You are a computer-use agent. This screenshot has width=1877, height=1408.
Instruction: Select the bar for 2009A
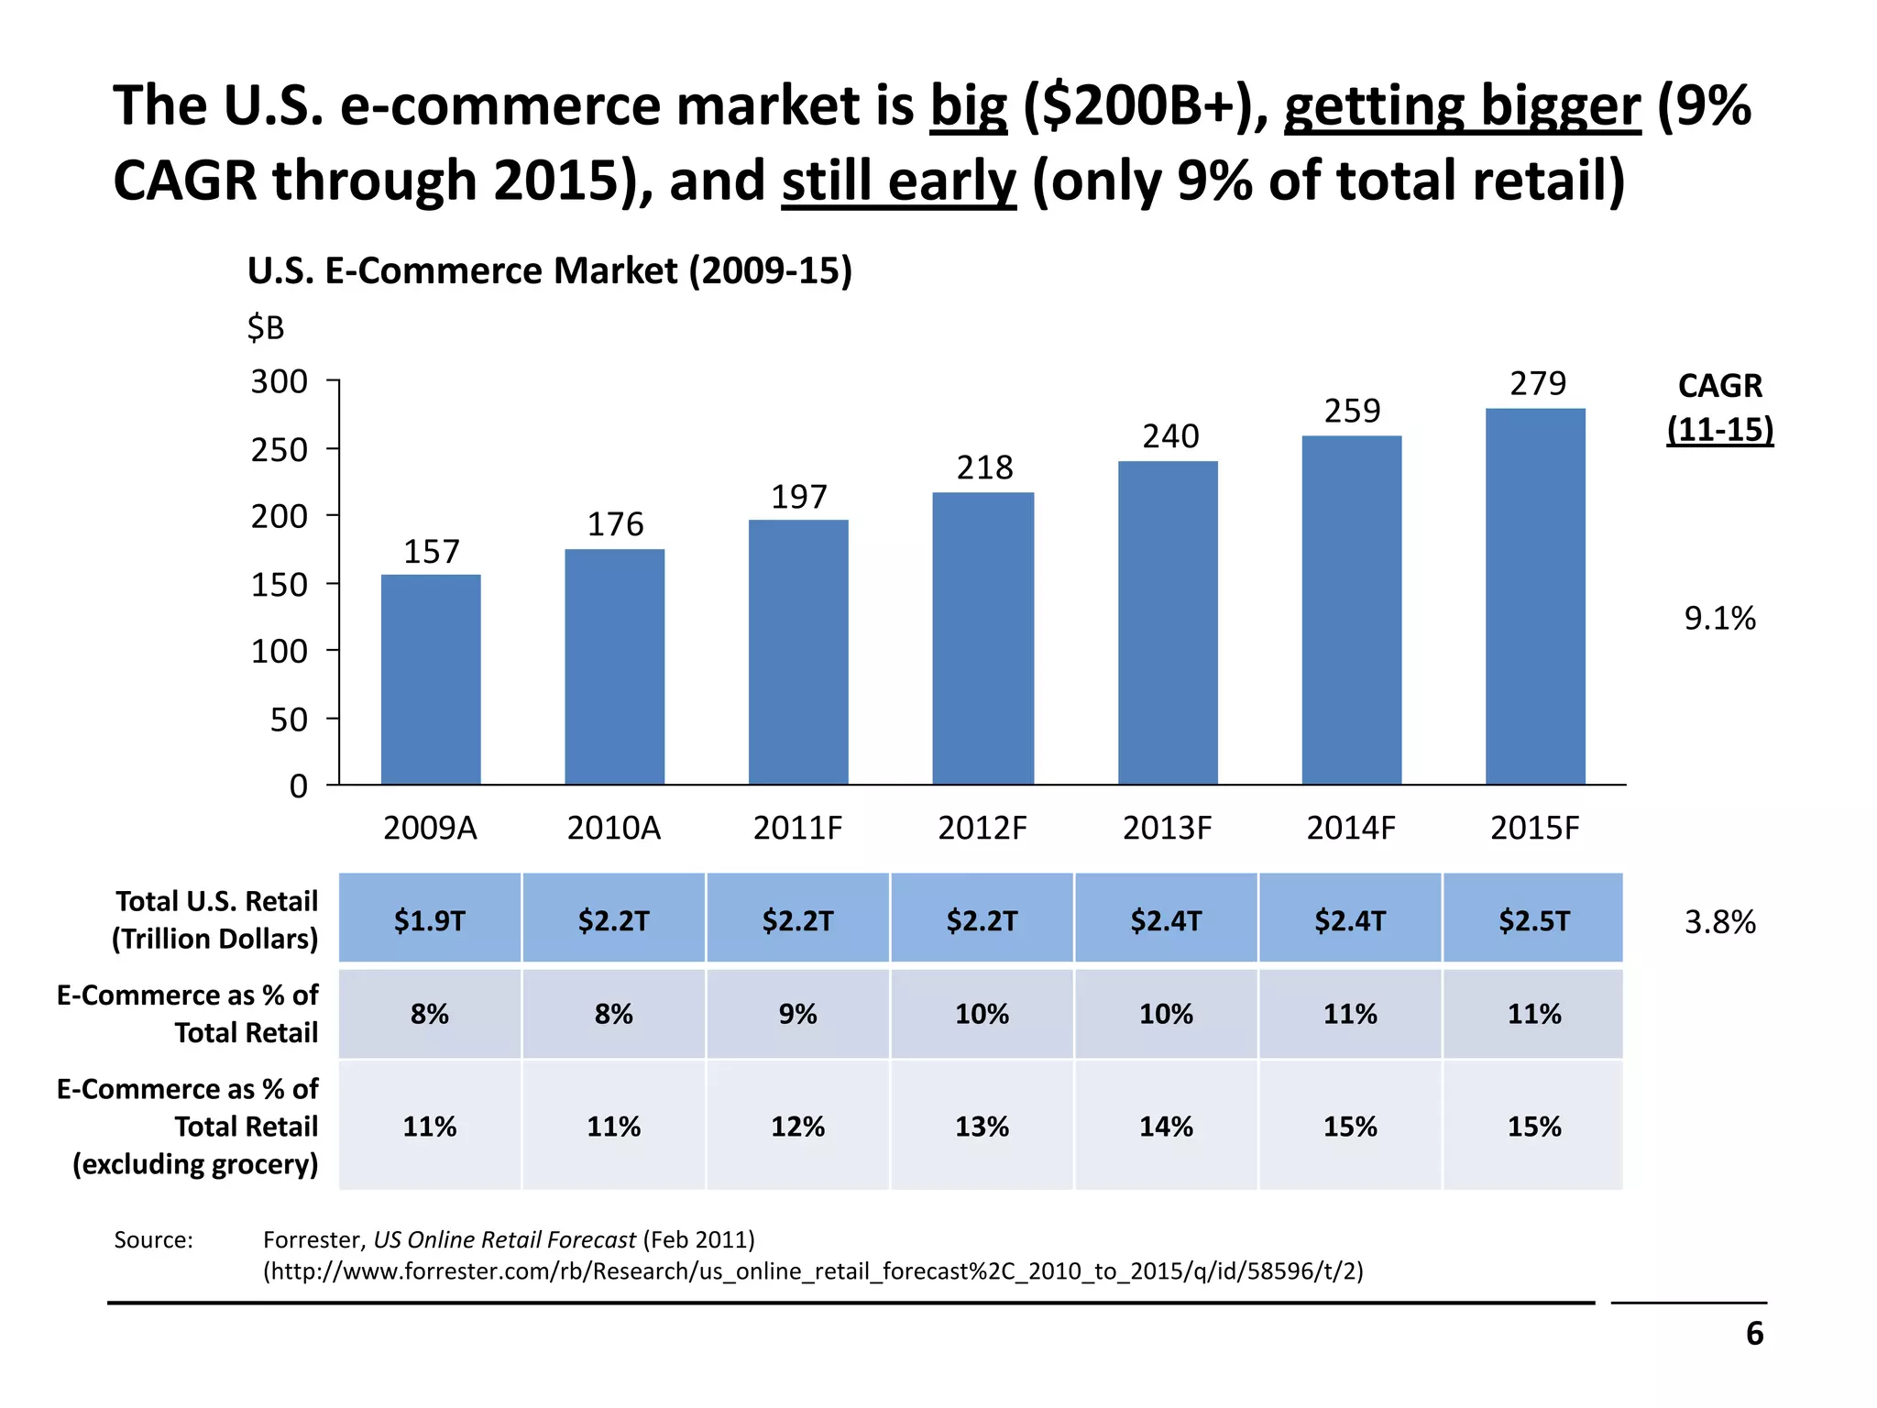click(431, 679)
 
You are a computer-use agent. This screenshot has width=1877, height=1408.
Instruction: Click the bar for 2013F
click(1168, 622)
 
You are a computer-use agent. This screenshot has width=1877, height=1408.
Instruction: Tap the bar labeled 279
click(1535, 596)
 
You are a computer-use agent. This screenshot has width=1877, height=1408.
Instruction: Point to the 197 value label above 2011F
click(799, 498)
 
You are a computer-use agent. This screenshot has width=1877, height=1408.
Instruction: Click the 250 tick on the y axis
click(280, 450)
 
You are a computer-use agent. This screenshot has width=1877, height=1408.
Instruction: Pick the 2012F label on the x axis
click(982, 829)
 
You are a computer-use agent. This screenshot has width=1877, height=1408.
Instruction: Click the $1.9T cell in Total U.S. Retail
click(430, 919)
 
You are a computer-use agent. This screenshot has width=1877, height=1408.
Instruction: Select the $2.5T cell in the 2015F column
click(1534, 919)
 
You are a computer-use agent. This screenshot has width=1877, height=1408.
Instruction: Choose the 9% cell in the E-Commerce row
click(797, 1014)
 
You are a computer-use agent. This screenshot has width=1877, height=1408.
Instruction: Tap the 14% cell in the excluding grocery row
click(1166, 1126)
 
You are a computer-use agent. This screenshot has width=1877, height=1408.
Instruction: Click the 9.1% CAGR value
click(1719, 619)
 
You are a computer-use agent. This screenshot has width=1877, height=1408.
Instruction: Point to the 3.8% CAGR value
click(1719, 921)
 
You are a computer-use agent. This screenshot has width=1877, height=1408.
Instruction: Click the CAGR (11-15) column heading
click(1719, 408)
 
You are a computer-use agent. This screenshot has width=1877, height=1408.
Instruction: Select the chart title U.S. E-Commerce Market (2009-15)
click(550, 271)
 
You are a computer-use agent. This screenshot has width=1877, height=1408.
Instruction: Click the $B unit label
click(266, 327)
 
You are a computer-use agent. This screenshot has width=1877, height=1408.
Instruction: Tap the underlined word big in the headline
click(969, 106)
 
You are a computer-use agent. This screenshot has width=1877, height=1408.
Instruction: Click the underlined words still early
click(898, 181)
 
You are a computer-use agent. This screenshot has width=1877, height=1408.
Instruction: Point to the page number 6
click(1754, 1334)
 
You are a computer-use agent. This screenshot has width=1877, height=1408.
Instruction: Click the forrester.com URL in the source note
click(813, 1271)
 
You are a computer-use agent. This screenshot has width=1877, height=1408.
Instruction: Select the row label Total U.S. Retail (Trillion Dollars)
click(216, 919)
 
